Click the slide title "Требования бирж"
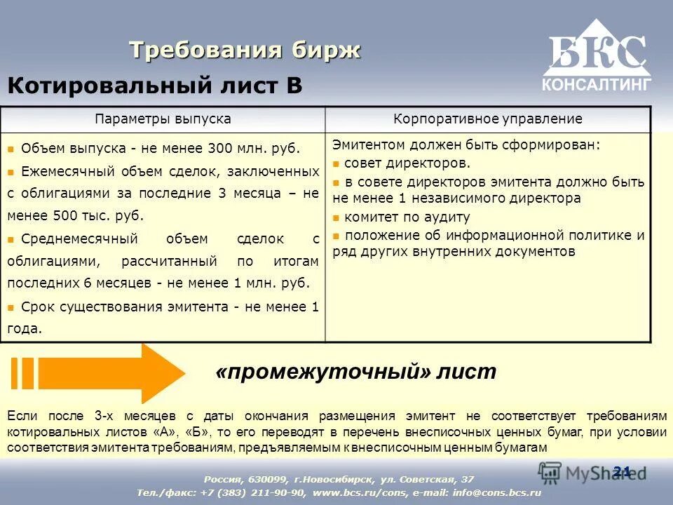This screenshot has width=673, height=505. pyautogui.click(x=245, y=50)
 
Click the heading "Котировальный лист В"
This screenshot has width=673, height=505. pyautogui.click(x=155, y=86)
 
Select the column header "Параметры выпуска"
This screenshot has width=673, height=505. pyautogui.click(x=163, y=119)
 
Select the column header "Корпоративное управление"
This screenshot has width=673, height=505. pyautogui.click(x=488, y=119)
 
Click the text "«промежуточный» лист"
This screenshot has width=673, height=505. pyautogui.click(x=356, y=372)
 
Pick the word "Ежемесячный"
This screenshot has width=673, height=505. pyautogui.click(x=62, y=171)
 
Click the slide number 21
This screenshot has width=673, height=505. pyautogui.click(x=621, y=471)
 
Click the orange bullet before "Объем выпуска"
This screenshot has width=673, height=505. pyautogui.click(x=11, y=149)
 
